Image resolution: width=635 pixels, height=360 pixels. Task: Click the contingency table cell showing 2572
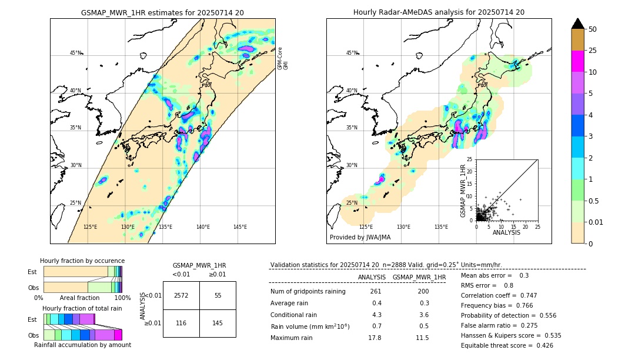pyautogui.click(x=181, y=295)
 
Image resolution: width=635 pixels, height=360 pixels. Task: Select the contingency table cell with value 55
pyautogui.click(x=218, y=295)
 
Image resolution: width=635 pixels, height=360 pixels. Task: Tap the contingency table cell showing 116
pyautogui.click(x=181, y=324)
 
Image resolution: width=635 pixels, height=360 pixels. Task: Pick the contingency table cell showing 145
pyautogui.click(x=218, y=324)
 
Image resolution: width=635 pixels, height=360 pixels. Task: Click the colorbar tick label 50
pyautogui.click(x=593, y=29)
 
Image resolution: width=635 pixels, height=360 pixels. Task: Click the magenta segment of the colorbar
pyautogui.click(x=578, y=61)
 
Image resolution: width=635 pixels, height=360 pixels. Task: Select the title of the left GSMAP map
pyautogui.click(x=162, y=12)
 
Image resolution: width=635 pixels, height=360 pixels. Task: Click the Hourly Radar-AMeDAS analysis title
pyautogui.click(x=439, y=12)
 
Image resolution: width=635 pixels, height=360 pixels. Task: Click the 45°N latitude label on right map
pyautogui.click(x=352, y=53)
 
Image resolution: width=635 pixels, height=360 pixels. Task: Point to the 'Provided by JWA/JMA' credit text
pyautogui.click(x=360, y=237)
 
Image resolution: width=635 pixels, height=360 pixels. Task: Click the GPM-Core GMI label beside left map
pyautogui.click(x=283, y=58)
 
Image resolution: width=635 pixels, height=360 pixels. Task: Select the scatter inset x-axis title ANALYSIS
pyautogui.click(x=506, y=232)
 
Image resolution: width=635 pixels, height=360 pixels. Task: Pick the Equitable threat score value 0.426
pyautogui.click(x=542, y=345)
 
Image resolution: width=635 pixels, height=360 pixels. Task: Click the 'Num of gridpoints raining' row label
pyautogui.click(x=308, y=292)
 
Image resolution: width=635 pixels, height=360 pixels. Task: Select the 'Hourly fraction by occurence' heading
pyautogui.click(x=82, y=261)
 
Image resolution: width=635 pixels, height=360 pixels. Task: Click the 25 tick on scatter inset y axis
pyautogui.click(x=470, y=159)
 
